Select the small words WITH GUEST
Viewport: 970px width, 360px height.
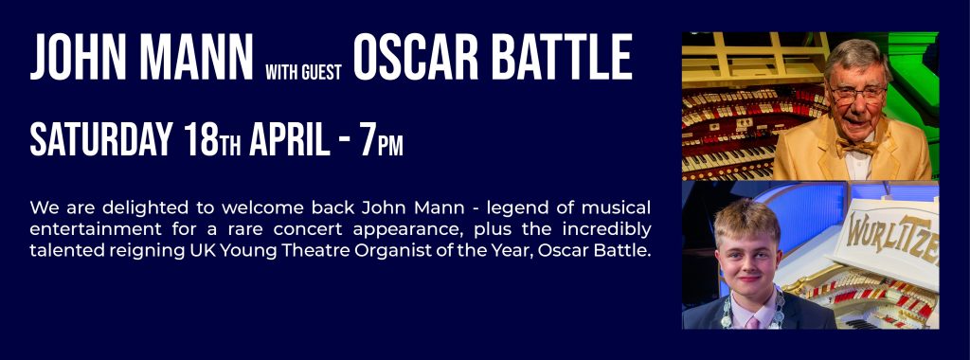point(304,72)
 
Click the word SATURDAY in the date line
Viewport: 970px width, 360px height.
point(100,139)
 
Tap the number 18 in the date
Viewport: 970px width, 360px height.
point(201,139)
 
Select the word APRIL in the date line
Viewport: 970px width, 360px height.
point(290,139)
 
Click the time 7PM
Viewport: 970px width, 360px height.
point(382,140)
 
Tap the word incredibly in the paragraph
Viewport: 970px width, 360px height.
point(607,230)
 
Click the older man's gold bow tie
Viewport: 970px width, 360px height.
point(858,146)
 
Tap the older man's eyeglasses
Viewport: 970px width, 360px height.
point(859,94)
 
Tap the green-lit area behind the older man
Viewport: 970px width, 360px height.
point(914,74)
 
